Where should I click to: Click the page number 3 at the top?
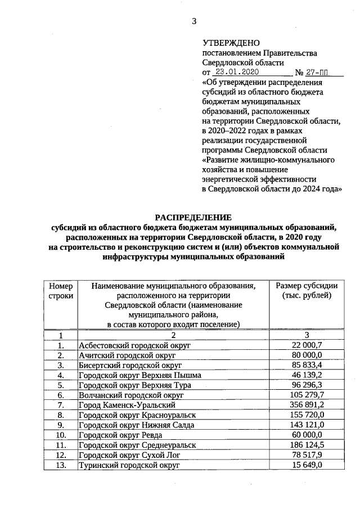[x=194, y=22]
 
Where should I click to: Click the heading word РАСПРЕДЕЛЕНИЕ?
[x=193, y=217]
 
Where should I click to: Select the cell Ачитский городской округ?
[x=127, y=355]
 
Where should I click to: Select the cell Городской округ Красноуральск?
[x=138, y=415]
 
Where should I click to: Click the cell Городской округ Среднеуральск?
[x=138, y=445]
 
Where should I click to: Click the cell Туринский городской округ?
[x=129, y=465]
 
